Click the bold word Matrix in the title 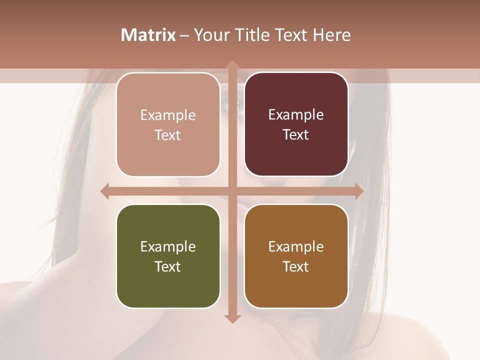pos(148,35)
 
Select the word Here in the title pos(331,35)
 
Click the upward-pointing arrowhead pos(232,65)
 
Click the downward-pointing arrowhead pos(232,318)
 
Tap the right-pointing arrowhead pos(358,191)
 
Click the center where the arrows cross pos(232,191)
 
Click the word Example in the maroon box pos(296,115)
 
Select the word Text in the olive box pos(168,266)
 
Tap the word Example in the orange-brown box pos(296,247)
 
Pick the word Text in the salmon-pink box pos(168,135)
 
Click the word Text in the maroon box pos(296,134)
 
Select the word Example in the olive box pos(168,247)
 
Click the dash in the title pos(184,35)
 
